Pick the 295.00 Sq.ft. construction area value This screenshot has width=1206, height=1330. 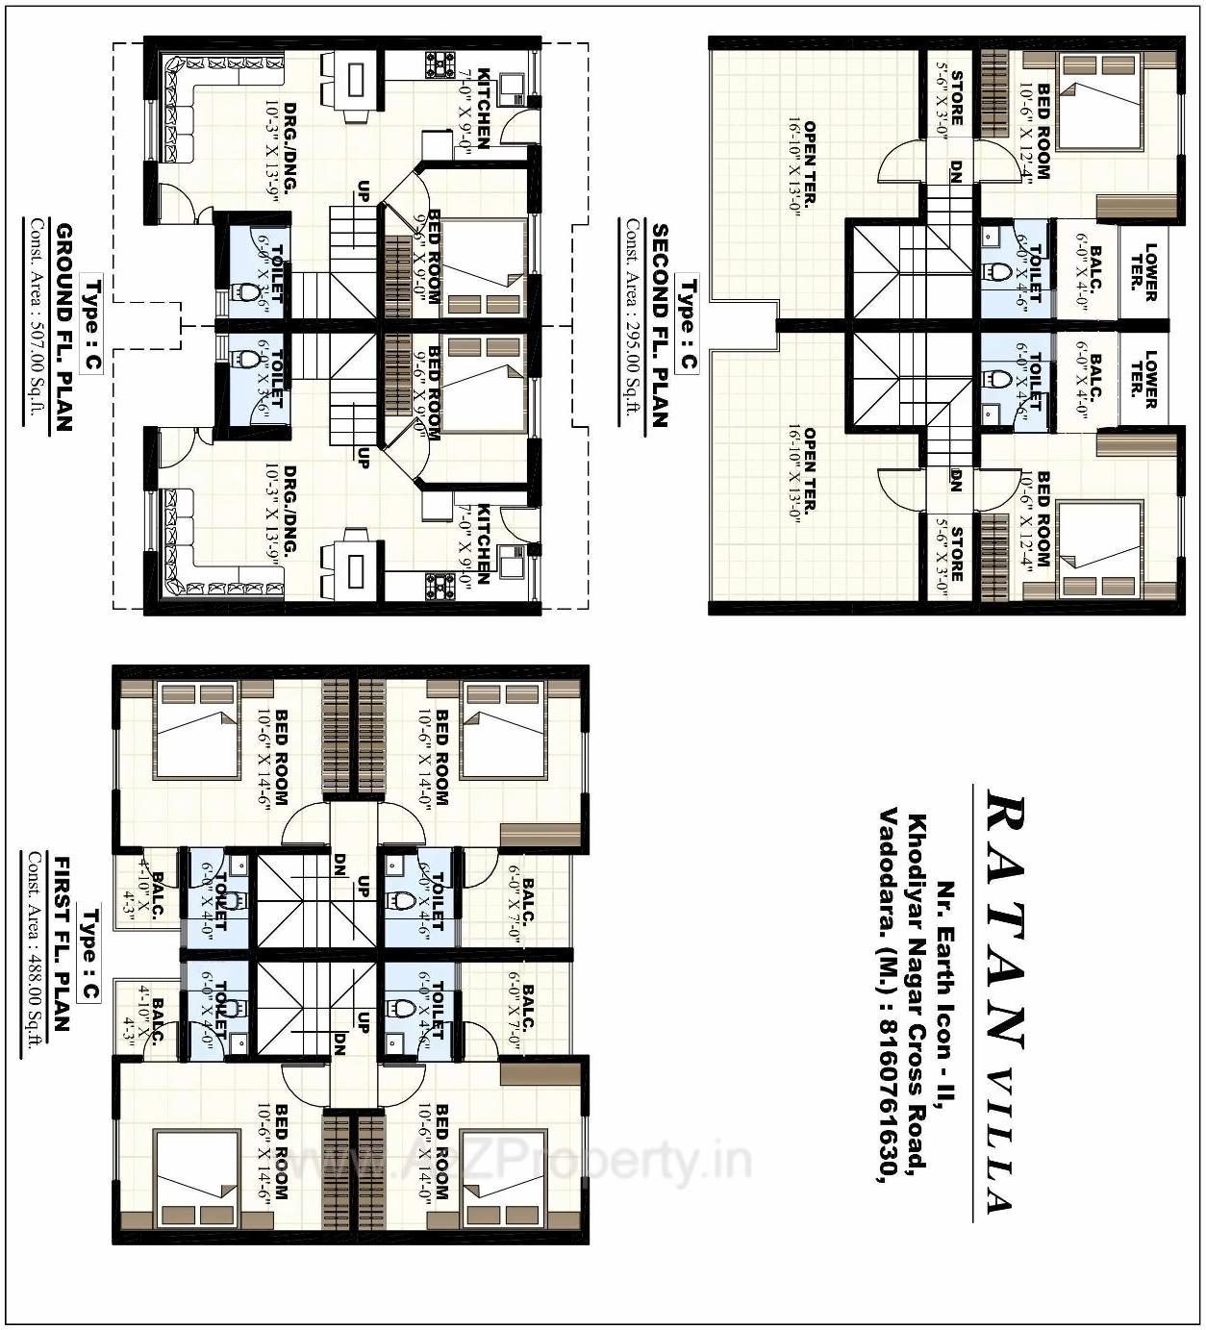click(x=633, y=365)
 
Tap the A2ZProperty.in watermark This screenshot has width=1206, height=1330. click(x=539, y=1164)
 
